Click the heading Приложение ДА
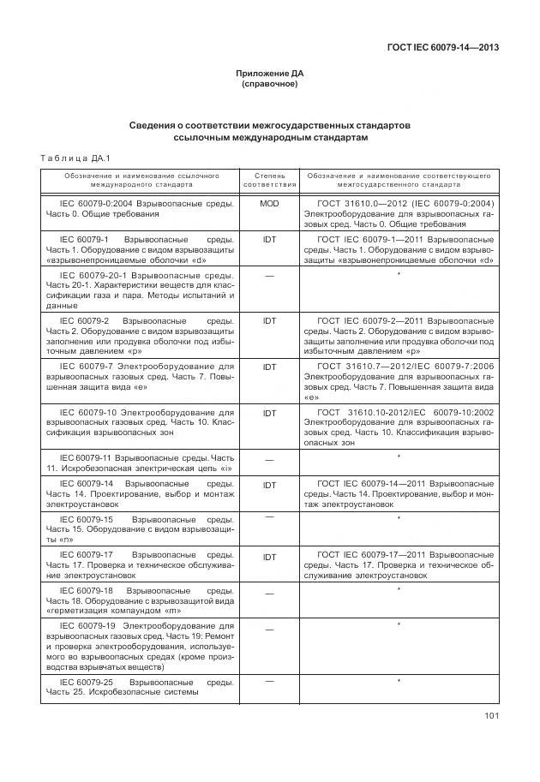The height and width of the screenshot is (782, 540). coord(270,74)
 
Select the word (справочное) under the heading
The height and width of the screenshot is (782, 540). coord(270,84)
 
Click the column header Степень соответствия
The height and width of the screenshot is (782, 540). coord(269,179)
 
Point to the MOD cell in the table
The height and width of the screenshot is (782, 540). coord(269,203)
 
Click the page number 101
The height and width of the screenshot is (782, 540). coord(491,716)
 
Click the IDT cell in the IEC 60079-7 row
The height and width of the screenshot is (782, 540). coord(269,366)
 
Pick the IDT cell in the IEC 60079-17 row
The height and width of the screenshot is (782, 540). coord(269,557)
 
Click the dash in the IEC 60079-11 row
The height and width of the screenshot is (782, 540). coord(269,460)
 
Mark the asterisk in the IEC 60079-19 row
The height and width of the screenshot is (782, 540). coord(399,626)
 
